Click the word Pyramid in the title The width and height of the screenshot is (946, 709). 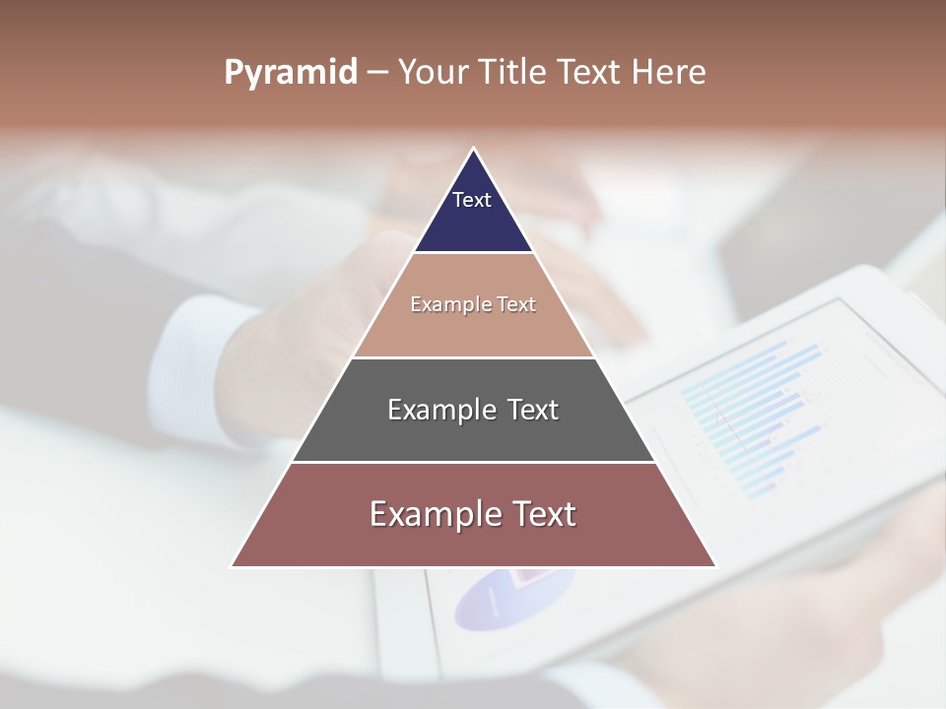290,73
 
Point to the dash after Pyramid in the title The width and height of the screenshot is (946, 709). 376,73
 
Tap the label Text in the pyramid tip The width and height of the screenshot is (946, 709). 472,200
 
